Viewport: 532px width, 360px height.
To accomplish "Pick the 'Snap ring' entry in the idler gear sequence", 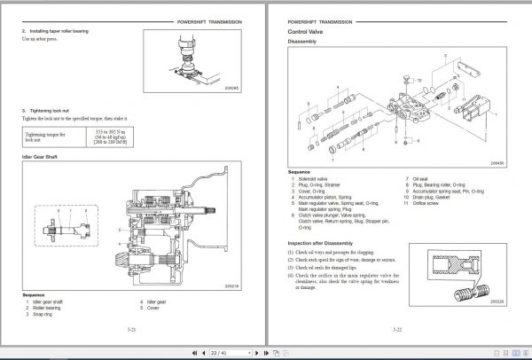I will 44,314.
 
